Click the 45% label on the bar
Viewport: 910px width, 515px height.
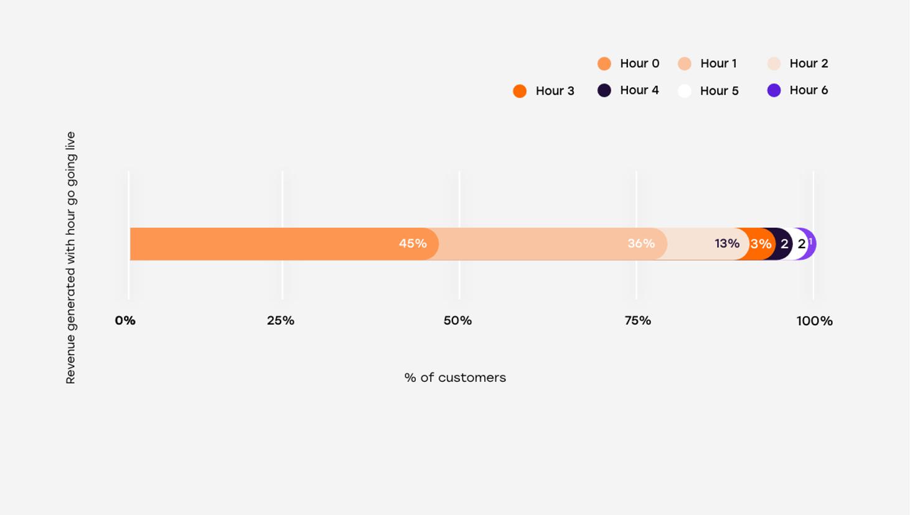coord(413,243)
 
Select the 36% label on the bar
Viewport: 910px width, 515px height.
coord(640,243)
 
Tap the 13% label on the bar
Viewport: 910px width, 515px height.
coord(726,243)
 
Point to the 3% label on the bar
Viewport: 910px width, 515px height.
coord(761,244)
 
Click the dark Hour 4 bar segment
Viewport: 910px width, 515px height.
coord(784,244)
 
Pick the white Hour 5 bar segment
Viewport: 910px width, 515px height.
coord(800,244)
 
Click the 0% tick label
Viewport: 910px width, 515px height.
coord(125,320)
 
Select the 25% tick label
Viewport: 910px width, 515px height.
coord(281,320)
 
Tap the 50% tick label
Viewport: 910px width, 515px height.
coord(457,320)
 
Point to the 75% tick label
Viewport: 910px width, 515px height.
coord(638,320)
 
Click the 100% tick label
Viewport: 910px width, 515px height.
coord(814,321)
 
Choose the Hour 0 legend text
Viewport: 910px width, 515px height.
coord(639,63)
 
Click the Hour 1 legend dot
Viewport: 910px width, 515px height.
coord(685,63)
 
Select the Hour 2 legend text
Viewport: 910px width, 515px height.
coord(809,63)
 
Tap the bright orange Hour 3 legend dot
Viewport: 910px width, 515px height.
coord(520,91)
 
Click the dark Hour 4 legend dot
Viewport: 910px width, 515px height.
coord(604,90)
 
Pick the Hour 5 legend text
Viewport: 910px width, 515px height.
coord(719,91)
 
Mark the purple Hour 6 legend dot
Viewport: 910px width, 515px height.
coord(774,90)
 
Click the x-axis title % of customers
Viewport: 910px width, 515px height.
coord(455,378)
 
